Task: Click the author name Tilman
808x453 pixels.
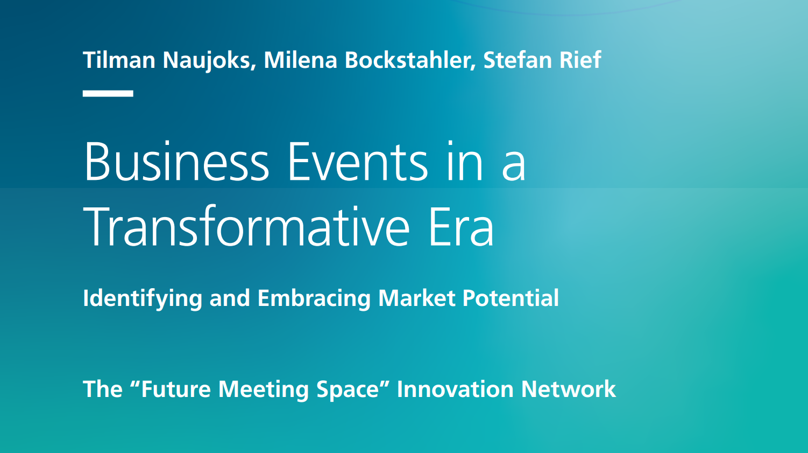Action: click(119, 60)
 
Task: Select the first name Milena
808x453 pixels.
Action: click(301, 60)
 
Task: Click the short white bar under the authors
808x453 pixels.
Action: click(108, 94)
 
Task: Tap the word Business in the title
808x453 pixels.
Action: click(177, 161)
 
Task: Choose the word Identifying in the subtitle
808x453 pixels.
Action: click(143, 299)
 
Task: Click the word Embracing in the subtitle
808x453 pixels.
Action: click(314, 299)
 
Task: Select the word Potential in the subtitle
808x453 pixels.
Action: click(511, 298)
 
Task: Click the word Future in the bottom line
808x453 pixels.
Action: click(176, 389)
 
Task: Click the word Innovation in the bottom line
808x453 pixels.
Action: click(455, 389)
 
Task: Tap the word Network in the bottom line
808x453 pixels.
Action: click(569, 389)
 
